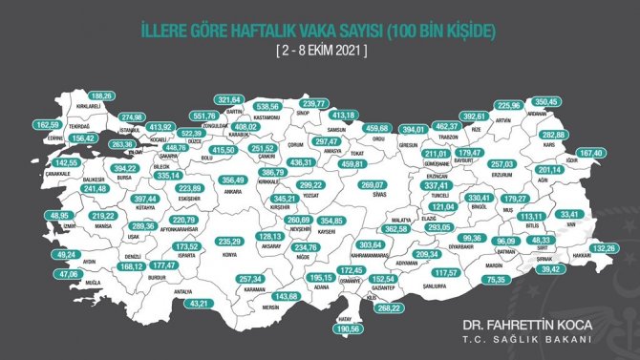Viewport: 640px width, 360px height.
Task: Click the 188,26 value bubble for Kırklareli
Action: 101,96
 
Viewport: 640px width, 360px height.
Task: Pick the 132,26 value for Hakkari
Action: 602,248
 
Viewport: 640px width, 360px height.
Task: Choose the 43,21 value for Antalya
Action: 198,303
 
